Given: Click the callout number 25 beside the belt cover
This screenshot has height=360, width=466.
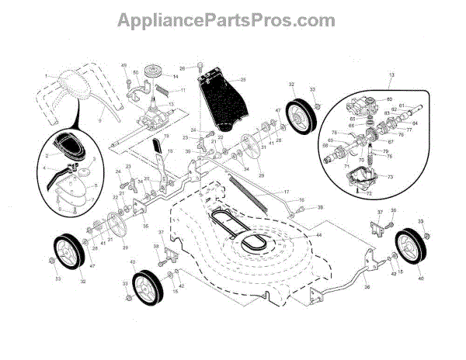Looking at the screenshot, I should click(x=242, y=81).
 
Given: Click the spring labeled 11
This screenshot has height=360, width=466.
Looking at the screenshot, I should click(x=164, y=93).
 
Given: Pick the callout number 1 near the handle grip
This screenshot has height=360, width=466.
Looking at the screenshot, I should click(x=47, y=75).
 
